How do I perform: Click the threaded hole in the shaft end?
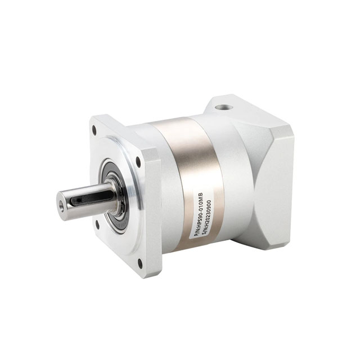61,203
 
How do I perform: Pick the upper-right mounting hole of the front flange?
138,161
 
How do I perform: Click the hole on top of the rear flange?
226,105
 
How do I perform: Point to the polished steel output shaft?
84,200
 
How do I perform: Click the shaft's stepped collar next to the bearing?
113,194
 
